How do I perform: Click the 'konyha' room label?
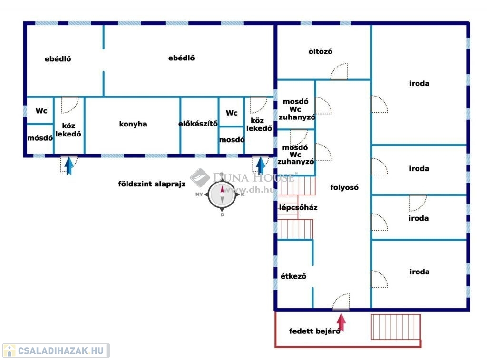coord(133,124)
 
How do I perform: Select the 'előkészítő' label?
coord(198,124)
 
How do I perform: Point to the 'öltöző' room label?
coord(320,51)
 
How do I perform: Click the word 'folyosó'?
coord(344,187)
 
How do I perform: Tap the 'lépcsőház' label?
coord(298,208)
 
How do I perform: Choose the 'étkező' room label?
coord(293,275)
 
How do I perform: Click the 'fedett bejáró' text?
coord(315,331)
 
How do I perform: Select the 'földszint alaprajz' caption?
coord(152,184)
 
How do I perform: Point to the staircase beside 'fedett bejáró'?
coord(396,327)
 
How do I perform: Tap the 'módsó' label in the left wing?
coord(40,138)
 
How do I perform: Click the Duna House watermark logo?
coord(200,178)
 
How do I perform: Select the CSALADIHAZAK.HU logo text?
coord(56,351)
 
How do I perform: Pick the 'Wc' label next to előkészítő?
coord(232,113)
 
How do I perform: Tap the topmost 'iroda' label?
coord(419,84)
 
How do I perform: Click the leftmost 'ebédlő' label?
coord(58,59)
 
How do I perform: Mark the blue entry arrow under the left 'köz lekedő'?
coord(69,165)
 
